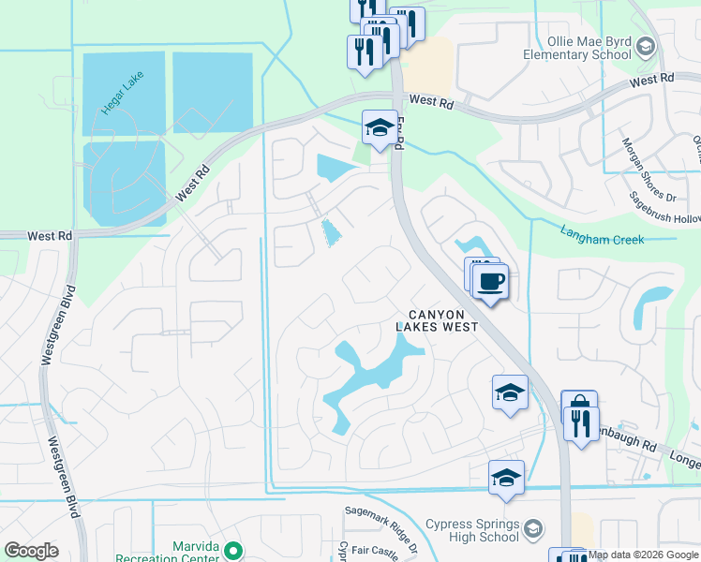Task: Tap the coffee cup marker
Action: (490, 281)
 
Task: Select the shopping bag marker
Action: (578, 408)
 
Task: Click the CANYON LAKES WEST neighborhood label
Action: (437, 320)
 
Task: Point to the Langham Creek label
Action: (603, 234)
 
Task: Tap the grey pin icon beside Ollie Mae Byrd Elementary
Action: (645, 46)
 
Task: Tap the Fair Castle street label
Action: (379, 551)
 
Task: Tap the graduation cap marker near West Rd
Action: (380, 128)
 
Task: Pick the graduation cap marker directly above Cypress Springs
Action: (506, 478)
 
